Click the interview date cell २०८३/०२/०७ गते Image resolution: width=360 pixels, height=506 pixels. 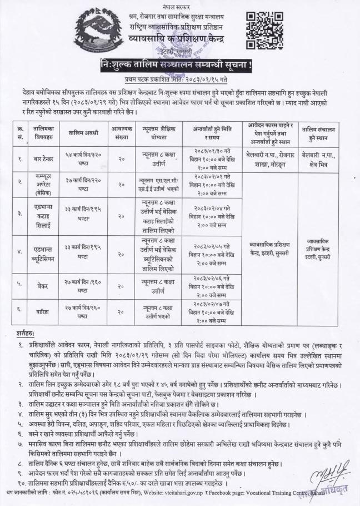coord(212,305)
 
